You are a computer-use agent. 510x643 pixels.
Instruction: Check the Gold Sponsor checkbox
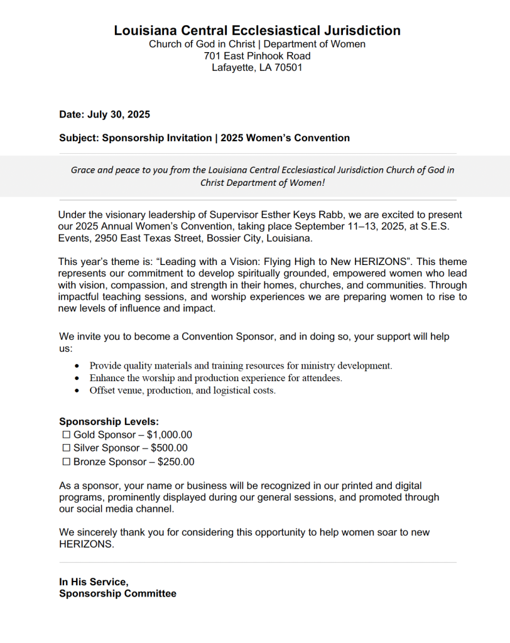tap(66, 435)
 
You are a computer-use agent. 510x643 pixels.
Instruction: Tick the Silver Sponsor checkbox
tap(66, 448)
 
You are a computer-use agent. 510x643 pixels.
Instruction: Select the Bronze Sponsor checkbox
tap(66, 462)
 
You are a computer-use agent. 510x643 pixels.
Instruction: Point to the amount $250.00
tap(176, 462)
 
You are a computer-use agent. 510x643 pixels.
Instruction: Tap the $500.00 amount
tap(169, 448)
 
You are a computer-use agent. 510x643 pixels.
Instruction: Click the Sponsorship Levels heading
tap(109, 421)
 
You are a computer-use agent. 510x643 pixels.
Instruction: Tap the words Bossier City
tap(234, 239)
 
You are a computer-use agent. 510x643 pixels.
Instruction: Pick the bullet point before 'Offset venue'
tap(77, 391)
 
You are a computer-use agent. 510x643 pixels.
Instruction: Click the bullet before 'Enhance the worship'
tap(77, 379)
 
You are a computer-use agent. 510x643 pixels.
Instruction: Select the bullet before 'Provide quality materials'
tap(77, 366)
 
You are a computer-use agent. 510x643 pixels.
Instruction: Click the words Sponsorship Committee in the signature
tap(117, 593)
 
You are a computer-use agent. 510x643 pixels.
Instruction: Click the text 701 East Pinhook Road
tap(257, 56)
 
